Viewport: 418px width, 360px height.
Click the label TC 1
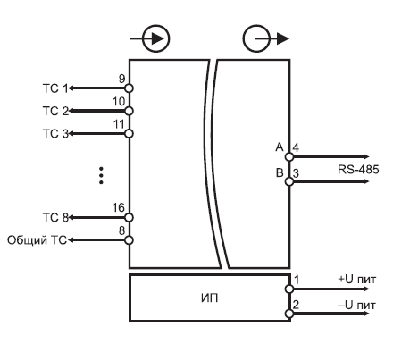[x=55, y=88]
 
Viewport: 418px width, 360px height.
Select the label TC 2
[x=55, y=111]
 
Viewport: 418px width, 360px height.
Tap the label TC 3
[x=55, y=134]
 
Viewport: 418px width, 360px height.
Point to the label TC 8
[x=55, y=218]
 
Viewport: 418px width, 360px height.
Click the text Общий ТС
[x=37, y=240]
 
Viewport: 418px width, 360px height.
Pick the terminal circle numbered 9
[x=129, y=88]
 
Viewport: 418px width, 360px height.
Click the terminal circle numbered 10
[x=129, y=111]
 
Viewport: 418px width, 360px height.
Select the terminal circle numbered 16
[x=129, y=217]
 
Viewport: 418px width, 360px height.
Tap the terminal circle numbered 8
[x=129, y=240]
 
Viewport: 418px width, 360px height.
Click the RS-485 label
[x=358, y=170]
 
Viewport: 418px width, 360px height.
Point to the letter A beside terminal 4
[x=280, y=147]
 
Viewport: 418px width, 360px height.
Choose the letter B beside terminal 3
[x=280, y=172]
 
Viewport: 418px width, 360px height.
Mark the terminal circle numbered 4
[x=289, y=156]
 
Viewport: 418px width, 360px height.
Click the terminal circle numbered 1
[x=289, y=289]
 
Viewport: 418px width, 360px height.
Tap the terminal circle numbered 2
[x=289, y=314]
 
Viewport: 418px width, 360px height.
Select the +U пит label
[x=357, y=280]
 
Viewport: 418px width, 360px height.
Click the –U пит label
[x=356, y=305]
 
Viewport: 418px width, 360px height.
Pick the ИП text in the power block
[x=210, y=297]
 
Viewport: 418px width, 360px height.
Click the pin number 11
[x=119, y=124]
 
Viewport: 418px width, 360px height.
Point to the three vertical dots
[x=101, y=175]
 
